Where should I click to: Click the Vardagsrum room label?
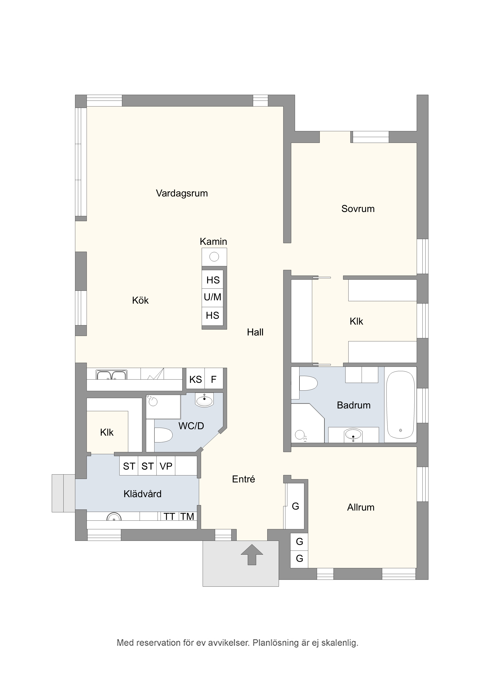pyautogui.click(x=182, y=193)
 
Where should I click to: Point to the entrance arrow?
pyautogui.click(x=252, y=554)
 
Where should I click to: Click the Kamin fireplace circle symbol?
pyautogui.click(x=214, y=257)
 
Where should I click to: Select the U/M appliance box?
pyautogui.click(x=213, y=297)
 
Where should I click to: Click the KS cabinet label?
pyautogui.click(x=196, y=379)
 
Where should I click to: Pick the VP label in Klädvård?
pyautogui.click(x=166, y=466)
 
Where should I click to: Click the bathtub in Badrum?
pyautogui.click(x=400, y=405)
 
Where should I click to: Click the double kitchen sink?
pyautogui.click(x=112, y=375)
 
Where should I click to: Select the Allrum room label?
pyautogui.click(x=361, y=507)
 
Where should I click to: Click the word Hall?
pyautogui.click(x=255, y=332)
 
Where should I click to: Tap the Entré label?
pyautogui.click(x=243, y=479)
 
